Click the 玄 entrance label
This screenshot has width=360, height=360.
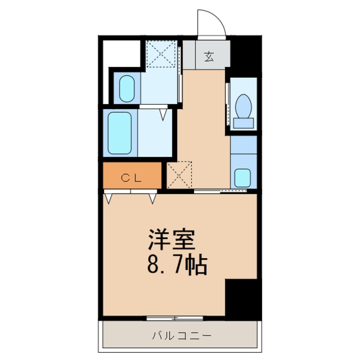tap(209, 56)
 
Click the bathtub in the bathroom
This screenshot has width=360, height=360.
tap(120, 133)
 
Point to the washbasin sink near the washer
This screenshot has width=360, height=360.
tap(127, 89)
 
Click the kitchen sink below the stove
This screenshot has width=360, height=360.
tap(243, 177)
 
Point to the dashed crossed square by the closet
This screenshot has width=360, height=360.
tap(180, 175)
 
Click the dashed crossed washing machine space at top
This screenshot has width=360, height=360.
tap(162, 54)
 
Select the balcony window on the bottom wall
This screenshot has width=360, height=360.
tap(174, 318)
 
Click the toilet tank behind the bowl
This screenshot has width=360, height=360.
tap(243, 123)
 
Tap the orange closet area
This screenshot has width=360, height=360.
tap(132, 175)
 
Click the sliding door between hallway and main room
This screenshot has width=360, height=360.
tap(215, 191)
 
